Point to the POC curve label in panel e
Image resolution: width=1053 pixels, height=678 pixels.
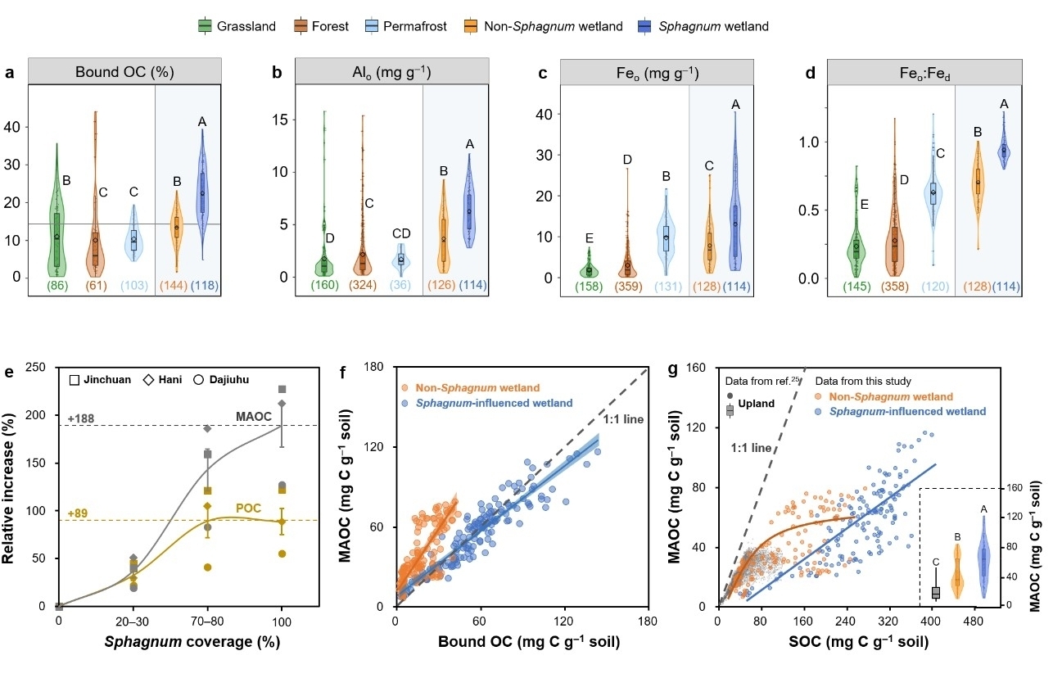[x=248, y=508]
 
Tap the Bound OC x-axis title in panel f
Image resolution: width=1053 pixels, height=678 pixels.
[x=521, y=644]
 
